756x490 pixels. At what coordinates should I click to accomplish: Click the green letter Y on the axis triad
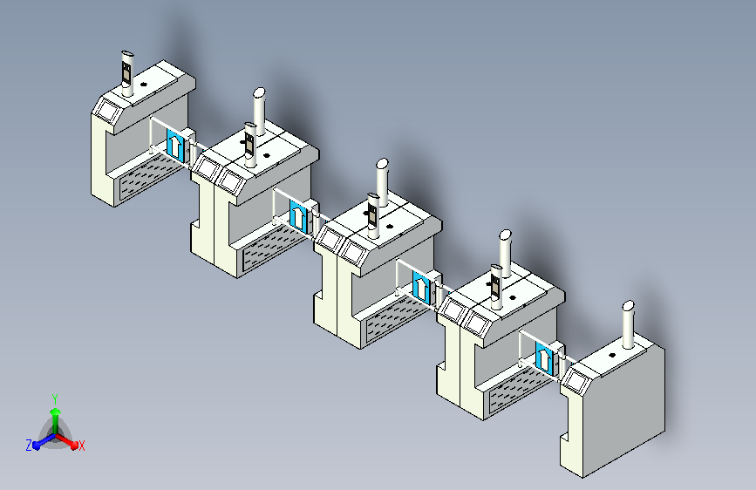point(55,399)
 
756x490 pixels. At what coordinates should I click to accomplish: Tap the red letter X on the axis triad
point(81,446)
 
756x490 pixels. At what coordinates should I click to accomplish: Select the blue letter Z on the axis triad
point(29,446)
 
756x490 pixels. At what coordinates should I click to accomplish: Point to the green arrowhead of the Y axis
point(56,412)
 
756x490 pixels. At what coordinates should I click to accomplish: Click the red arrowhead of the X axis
point(73,445)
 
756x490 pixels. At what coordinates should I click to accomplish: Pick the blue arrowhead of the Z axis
point(37,446)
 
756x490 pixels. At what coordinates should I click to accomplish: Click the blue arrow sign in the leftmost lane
point(175,145)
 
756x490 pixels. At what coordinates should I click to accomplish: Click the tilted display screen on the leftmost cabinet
point(108,111)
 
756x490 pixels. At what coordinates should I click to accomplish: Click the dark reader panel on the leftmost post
point(126,72)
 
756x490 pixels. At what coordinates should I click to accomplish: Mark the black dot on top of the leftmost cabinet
point(143,85)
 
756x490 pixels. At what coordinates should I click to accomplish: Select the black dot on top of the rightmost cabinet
point(612,355)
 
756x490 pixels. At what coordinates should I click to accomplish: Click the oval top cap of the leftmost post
point(127,53)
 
